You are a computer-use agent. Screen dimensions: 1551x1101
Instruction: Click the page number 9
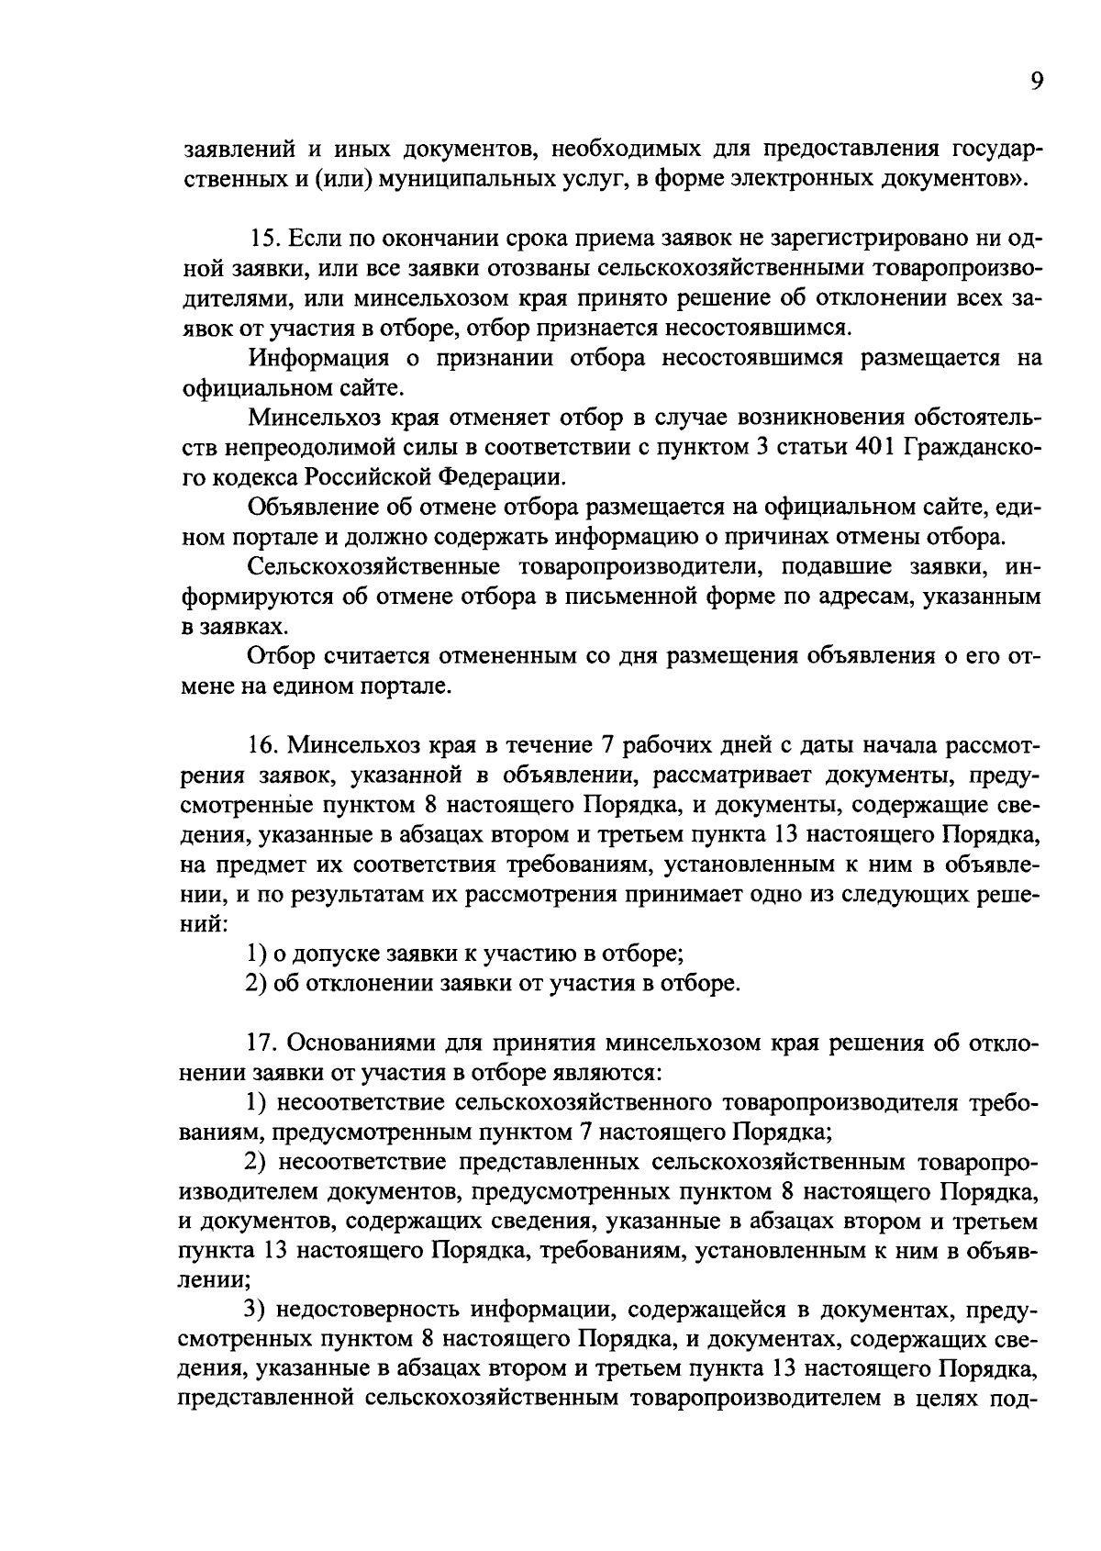1036,82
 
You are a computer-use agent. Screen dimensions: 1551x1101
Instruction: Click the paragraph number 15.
264,239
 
